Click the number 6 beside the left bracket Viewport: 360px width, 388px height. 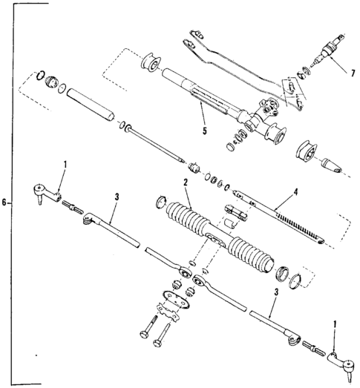pos(6,202)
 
